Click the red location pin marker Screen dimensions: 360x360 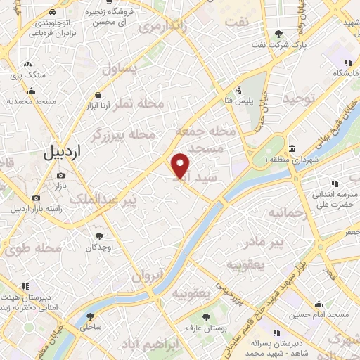[x=181, y=166]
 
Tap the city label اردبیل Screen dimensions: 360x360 [x=63, y=150]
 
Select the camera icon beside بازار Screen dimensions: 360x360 [x=60, y=175]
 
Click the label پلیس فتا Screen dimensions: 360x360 [x=250, y=101]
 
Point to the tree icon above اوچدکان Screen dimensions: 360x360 [x=99, y=236]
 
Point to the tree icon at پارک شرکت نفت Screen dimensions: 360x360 [x=279, y=34]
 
